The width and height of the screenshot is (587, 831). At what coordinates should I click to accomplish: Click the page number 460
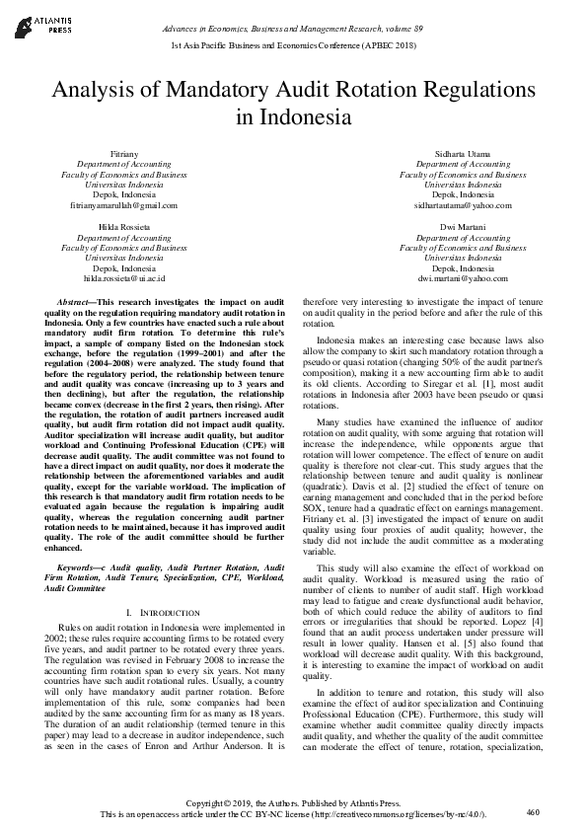[x=535, y=812]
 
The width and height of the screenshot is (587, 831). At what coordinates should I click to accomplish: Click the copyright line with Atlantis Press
[x=293, y=803]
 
